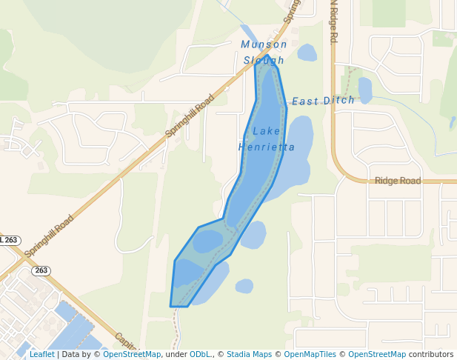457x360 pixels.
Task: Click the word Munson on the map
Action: tap(264, 44)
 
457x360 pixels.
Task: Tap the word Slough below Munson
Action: tap(264, 60)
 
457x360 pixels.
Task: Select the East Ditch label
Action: tap(323, 101)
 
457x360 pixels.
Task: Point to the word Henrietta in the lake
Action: tap(267, 147)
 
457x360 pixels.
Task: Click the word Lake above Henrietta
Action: tap(267, 132)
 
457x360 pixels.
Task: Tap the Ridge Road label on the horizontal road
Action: tap(398, 181)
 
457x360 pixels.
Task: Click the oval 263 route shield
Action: tap(41, 270)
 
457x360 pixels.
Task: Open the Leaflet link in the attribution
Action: tap(41, 355)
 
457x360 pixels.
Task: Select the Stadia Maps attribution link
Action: tap(249, 355)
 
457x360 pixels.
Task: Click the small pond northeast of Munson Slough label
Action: tap(307, 53)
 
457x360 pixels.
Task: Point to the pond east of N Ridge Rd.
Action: tap(365, 90)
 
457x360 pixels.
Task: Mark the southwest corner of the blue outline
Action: tap(171, 305)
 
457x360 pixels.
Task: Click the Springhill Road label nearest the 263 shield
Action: tap(50, 236)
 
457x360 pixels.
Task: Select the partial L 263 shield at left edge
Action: tap(10, 241)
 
